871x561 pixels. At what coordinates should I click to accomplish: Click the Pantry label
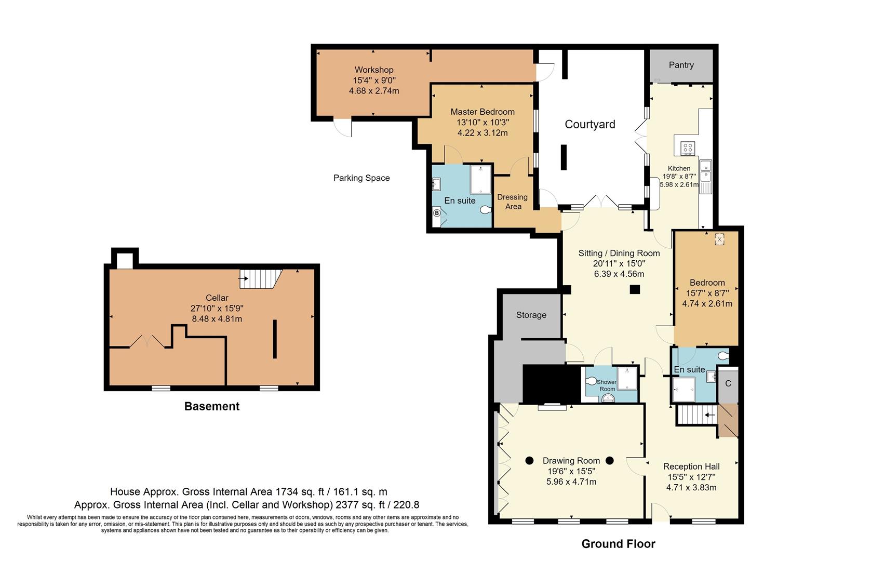pyautogui.click(x=681, y=65)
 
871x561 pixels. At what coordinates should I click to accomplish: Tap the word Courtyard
pyautogui.click(x=590, y=124)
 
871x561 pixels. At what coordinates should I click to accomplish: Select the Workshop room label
pyautogui.click(x=374, y=70)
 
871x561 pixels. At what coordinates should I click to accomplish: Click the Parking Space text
pyautogui.click(x=361, y=178)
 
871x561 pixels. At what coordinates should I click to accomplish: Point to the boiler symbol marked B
pyautogui.click(x=437, y=213)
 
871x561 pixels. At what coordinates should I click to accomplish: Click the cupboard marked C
pyautogui.click(x=728, y=383)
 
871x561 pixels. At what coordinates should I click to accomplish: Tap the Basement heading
pyautogui.click(x=212, y=406)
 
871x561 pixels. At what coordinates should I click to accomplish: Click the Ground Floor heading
pyautogui.click(x=618, y=544)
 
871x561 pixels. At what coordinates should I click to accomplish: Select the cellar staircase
pyautogui.click(x=259, y=279)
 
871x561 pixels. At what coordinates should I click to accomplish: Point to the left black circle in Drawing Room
pyautogui.click(x=529, y=460)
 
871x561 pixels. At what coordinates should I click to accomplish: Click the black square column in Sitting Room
pyautogui.click(x=635, y=290)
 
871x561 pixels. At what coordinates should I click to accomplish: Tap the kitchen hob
pyautogui.click(x=688, y=148)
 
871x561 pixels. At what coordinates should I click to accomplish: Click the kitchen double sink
pyautogui.click(x=706, y=171)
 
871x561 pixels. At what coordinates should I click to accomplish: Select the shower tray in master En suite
pyautogui.click(x=481, y=179)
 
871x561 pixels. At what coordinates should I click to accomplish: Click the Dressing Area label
pyautogui.click(x=513, y=202)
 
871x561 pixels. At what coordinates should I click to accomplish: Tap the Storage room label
pyautogui.click(x=531, y=315)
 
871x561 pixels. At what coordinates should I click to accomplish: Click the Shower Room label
pyautogui.click(x=607, y=385)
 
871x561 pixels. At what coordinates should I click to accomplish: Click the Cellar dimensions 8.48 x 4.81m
pyautogui.click(x=217, y=318)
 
